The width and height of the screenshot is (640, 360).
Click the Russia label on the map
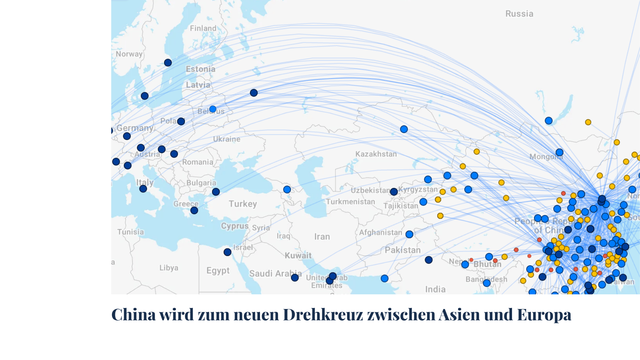pyautogui.click(x=519, y=14)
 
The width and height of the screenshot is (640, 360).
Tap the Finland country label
pyautogui.click(x=203, y=28)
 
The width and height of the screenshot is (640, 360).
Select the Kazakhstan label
pyautogui.click(x=376, y=154)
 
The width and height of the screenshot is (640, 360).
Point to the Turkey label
pyautogui.click(x=243, y=204)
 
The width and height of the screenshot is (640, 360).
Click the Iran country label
pyautogui.click(x=322, y=237)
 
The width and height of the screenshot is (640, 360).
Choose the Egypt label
pyautogui.click(x=218, y=270)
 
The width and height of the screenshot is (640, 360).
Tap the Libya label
pyautogui.click(x=169, y=268)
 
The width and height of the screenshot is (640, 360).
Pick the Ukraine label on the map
pyautogui.click(x=227, y=139)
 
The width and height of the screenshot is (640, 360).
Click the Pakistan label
pyautogui.click(x=403, y=250)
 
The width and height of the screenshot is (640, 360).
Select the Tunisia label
pyautogui.click(x=131, y=232)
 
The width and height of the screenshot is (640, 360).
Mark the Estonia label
pyautogui.click(x=201, y=69)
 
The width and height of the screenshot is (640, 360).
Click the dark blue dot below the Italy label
pyautogui.click(x=143, y=189)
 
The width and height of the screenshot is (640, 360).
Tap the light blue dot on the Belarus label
pyautogui.click(x=213, y=109)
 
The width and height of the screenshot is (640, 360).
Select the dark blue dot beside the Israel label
pyautogui.click(x=227, y=252)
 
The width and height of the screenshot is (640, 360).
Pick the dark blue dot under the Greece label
pyautogui.click(x=194, y=210)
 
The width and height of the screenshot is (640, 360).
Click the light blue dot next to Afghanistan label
pyautogui.click(x=409, y=234)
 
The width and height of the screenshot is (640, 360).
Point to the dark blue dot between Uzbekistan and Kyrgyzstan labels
pyautogui.click(x=394, y=192)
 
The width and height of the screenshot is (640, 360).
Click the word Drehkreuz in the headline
pyautogui.click(x=323, y=314)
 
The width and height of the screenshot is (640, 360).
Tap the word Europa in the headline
pyautogui.click(x=544, y=314)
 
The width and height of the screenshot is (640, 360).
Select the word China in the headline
pyautogui.click(x=133, y=314)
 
